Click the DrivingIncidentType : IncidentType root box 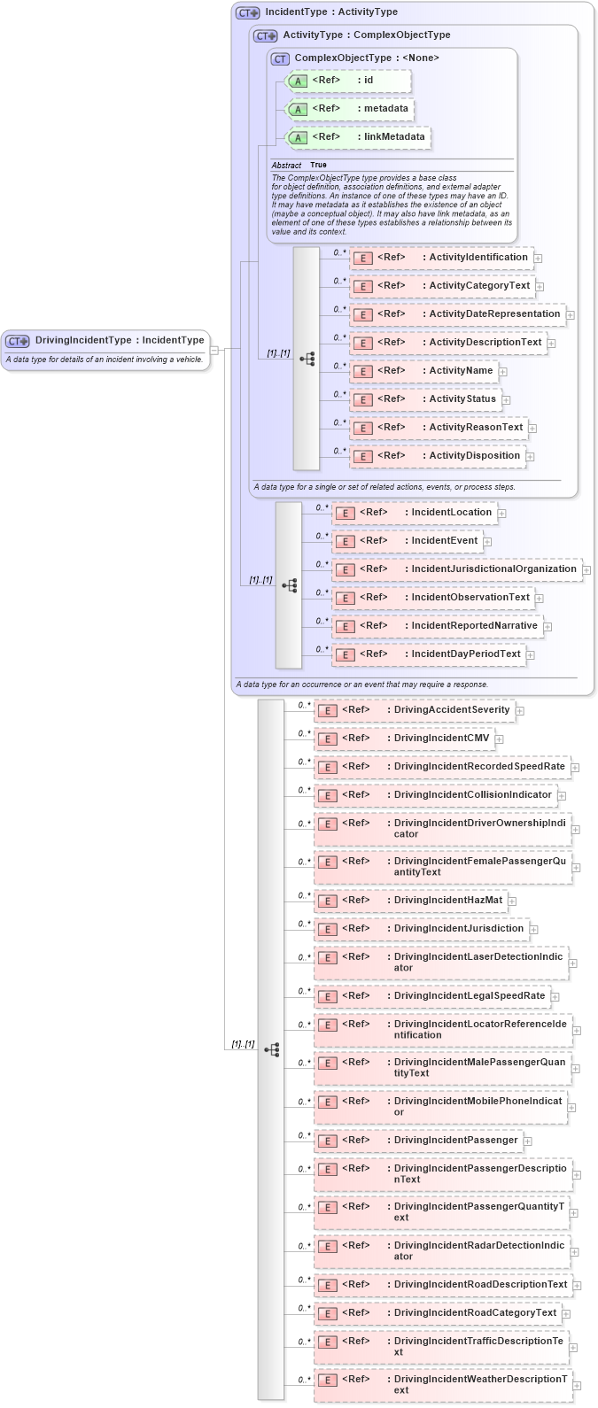[106, 341]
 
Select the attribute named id [348, 81]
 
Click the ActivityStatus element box [424, 399]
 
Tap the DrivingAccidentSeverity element [415, 710]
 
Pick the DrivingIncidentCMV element [404, 739]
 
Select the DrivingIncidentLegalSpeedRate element [431, 996]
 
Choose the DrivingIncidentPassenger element [418, 1141]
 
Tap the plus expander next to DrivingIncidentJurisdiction [535, 930]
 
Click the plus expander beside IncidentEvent [487, 542]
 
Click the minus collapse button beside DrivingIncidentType [214, 350]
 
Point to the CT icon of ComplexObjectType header [281, 58]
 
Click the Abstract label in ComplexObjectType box [286, 166]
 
